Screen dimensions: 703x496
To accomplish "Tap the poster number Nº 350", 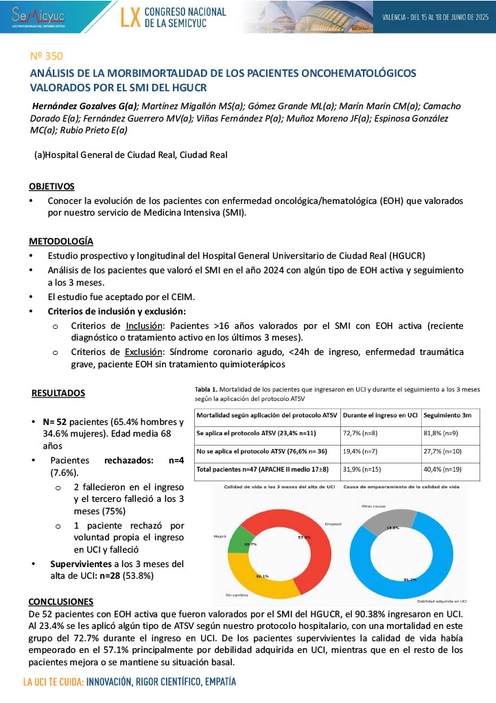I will [45, 56].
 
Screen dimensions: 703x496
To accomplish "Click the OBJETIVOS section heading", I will [52, 187].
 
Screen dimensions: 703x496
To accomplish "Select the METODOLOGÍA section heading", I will [61, 242].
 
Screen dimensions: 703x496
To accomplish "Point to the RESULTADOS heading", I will [58, 393].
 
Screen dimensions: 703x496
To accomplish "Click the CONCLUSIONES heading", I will [61, 601].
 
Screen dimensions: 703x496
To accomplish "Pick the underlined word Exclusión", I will [143, 351].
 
